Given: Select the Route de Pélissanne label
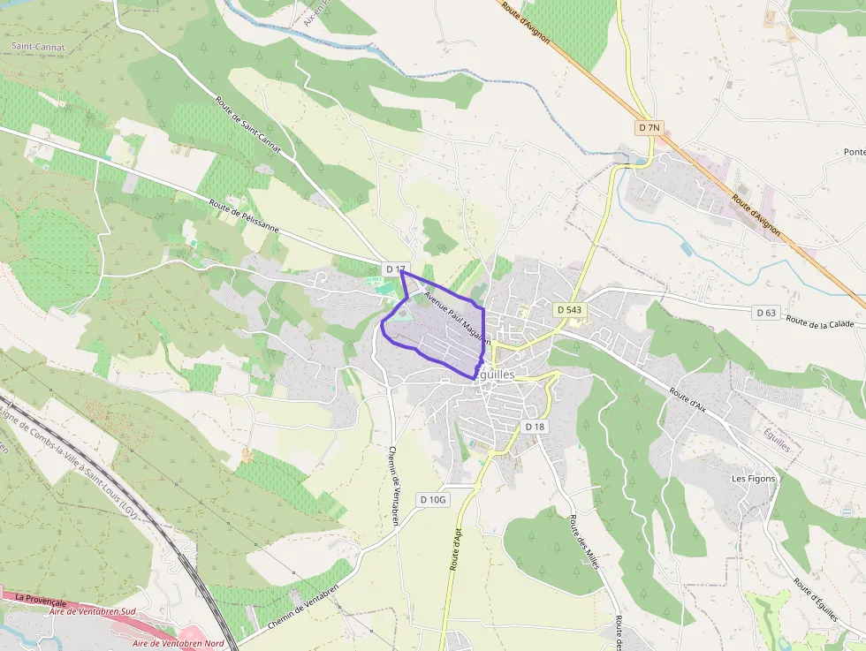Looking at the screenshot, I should (244, 216).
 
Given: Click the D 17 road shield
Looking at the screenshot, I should (395, 269).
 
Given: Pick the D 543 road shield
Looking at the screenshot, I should (571, 310).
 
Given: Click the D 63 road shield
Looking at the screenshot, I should (766, 313).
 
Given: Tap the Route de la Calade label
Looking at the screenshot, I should (820, 322).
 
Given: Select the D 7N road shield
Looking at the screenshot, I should (649, 128).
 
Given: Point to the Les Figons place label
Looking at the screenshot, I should (753, 479).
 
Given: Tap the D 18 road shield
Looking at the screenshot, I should (536, 427).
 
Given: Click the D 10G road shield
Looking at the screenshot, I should (434, 500).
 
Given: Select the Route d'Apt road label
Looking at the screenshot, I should (459, 549).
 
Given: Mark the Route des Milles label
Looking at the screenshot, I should (584, 541).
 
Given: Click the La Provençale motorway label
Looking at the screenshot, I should (41, 600).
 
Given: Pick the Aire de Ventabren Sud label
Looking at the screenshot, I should (92, 611).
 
